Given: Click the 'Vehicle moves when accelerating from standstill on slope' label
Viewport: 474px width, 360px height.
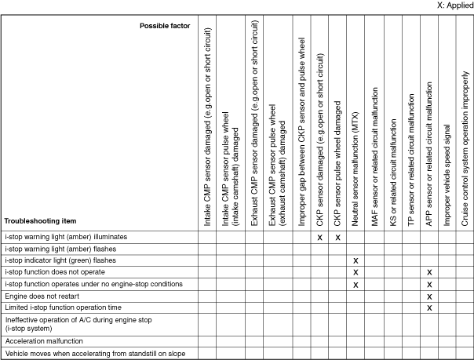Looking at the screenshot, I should (x=95, y=353).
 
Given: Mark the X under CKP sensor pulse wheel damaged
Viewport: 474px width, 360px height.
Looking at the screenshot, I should (x=338, y=236).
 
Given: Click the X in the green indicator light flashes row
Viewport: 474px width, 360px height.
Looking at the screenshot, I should (x=355, y=260).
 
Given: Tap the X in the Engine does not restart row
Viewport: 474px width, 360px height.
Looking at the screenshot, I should (x=429, y=296).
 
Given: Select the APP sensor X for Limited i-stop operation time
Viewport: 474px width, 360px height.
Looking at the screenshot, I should (x=429, y=308).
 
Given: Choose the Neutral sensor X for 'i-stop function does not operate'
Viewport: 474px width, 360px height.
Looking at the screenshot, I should (x=355, y=271).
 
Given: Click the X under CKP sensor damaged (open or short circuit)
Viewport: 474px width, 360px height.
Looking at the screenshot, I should (x=320, y=236).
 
